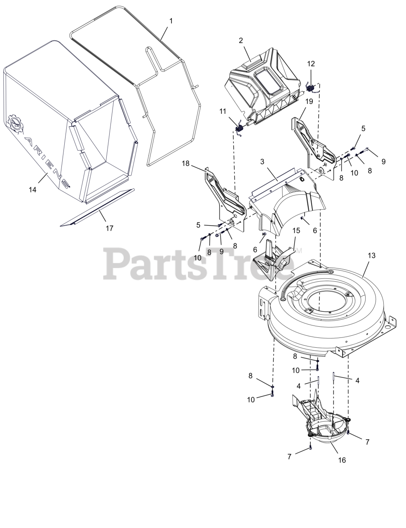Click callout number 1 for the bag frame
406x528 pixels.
tap(171, 21)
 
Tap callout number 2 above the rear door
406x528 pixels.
tap(241, 40)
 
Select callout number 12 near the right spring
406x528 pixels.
tap(311, 64)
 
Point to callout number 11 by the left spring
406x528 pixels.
tap(223, 111)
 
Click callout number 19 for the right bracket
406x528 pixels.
tap(309, 101)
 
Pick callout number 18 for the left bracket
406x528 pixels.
tap(185, 163)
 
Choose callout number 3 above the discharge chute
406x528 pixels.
tap(262, 162)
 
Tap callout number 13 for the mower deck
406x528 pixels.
tap(371, 255)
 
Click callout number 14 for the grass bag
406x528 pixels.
tap(33, 190)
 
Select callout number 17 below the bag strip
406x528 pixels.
tap(110, 228)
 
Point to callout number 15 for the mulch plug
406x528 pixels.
tap(296, 230)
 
